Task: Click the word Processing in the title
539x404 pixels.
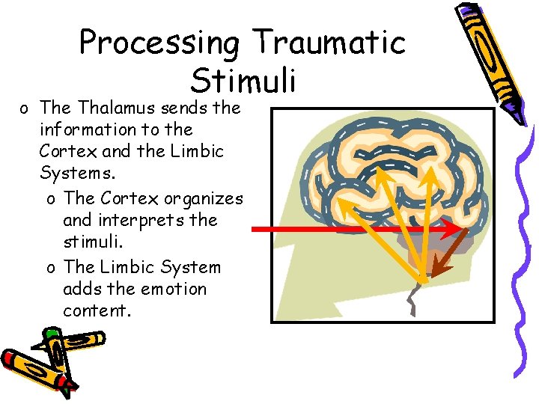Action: coord(159,43)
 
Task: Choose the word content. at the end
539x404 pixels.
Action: coord(97,310)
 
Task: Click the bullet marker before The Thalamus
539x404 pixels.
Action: coord(25,108)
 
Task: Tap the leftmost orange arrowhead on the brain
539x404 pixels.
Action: coord(341,202)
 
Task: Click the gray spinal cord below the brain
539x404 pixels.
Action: coord(413,299)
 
